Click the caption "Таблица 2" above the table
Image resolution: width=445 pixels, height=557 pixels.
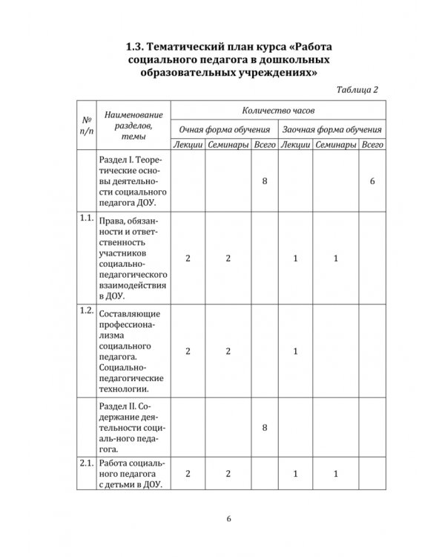click(x=357, y=90)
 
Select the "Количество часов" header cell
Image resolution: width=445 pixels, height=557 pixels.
click(x=278, y=109)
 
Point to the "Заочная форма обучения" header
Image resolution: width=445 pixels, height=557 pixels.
click(x=332, y=127)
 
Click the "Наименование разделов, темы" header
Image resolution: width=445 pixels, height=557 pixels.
click(x=133, y=126)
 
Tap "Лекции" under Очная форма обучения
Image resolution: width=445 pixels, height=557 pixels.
click(x=188, y=145)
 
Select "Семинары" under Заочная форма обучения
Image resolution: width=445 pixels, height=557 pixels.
click(x=335, y=145)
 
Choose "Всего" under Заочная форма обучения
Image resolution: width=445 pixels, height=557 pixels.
click(x=372, y=145)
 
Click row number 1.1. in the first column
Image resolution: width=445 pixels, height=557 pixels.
click(x=87, y=218)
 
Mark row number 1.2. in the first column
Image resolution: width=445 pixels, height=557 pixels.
click(x=87, y=310)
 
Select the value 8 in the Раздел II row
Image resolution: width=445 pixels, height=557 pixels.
click(x=265, y=427)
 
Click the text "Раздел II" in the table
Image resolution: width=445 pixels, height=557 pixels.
click(x=117, y=405)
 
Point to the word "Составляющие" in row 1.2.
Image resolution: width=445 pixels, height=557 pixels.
click(x=129, y=314)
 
